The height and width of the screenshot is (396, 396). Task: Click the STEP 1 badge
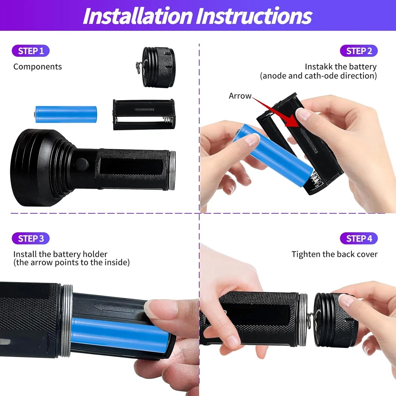(x=30, y=51)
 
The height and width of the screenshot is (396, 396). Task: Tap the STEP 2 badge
(x=359, y=51)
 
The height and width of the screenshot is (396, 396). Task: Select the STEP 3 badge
(x=30, y=238)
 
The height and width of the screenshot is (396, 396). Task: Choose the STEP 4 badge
(x=359, y=238)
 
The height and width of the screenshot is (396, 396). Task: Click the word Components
(x=38, y=67)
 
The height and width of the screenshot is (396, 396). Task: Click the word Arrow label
(x=240, y=96)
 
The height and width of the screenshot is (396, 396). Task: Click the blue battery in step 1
(x=65, y=114)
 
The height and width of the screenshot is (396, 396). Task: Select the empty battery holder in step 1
(x=144, y=114)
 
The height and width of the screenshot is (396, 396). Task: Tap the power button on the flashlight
(x=82, y=164)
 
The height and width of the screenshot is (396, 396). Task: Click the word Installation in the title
(x=138, y=16)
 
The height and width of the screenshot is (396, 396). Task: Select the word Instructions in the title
(x=254, y=16)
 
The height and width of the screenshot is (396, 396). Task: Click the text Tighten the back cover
(x=334, y=254)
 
